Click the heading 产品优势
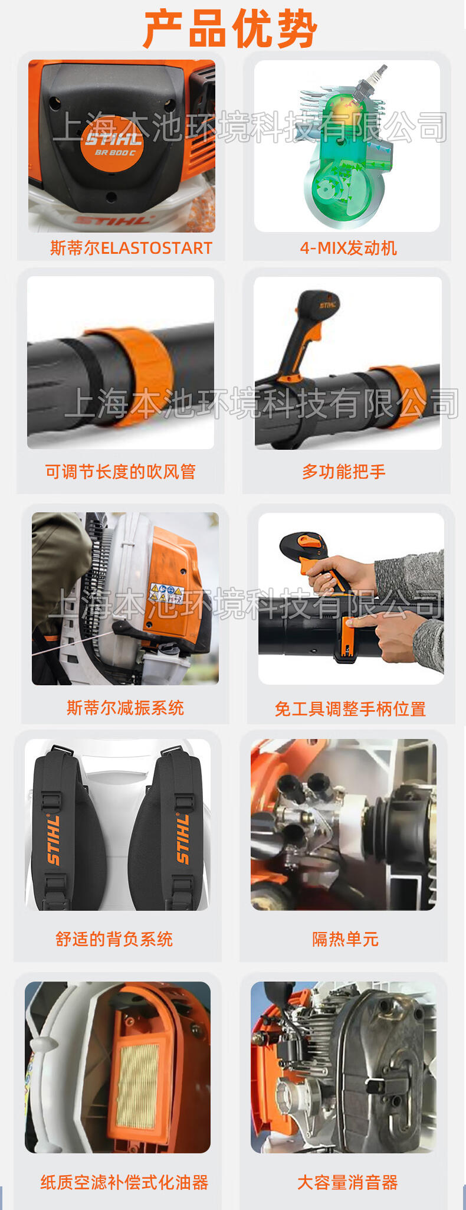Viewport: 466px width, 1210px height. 231,29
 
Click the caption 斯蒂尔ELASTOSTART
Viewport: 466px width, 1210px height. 131,248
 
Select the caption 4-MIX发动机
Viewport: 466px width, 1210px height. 348,248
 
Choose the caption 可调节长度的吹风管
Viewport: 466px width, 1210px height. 120,472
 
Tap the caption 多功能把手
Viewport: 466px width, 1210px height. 344,472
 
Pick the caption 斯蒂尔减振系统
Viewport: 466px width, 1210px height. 125,708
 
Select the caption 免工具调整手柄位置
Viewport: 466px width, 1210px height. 350,709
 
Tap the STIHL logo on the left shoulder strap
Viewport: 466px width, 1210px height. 53,839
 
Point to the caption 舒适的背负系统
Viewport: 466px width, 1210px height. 114,939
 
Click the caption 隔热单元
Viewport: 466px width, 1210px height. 345,939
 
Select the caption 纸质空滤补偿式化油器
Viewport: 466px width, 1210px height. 124,1182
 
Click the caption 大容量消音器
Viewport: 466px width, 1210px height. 347,1182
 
